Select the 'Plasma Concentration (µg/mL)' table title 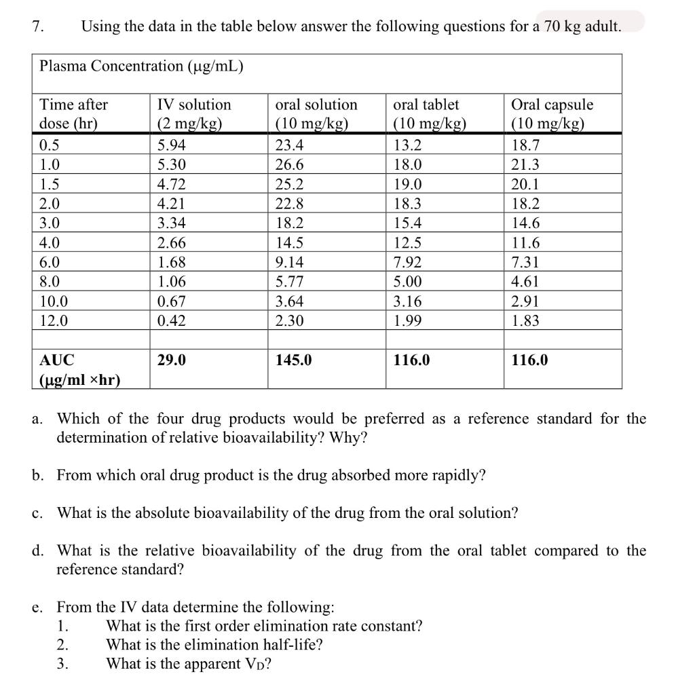[142, 66]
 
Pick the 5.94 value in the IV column [171, 145]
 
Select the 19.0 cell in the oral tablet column [408, 184]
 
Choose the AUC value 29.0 [171, 360]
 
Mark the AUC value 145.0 [293, 360]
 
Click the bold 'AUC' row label [58, 360]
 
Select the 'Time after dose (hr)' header [74, 114]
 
